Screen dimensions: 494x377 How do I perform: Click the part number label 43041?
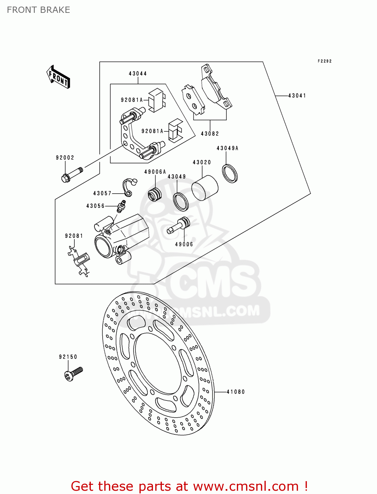click(x=297, y=96)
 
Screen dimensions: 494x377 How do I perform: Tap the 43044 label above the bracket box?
click(x=138, y=74)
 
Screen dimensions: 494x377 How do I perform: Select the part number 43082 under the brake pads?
click(x=210, y=134)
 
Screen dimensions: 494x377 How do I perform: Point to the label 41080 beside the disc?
click(x=236, y=392)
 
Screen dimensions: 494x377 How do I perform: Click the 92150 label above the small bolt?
click(x=68, y=357)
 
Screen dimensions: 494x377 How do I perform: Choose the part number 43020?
click(x=202, y=162)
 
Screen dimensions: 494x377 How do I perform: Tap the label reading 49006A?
click(x=155, y=172)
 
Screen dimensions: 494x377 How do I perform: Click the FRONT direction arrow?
click(x=59, y=77)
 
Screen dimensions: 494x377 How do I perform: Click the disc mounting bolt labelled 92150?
click(x=73, y=374)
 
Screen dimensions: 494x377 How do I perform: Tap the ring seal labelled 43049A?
click(x=230, y=173)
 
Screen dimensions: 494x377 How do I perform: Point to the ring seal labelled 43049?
click(x=181, y=202)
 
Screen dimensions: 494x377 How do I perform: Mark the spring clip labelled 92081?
click(x=80, y=261)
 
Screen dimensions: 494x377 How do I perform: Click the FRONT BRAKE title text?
click(x=38, y=10)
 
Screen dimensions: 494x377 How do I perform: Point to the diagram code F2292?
click(x=324, y=61)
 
